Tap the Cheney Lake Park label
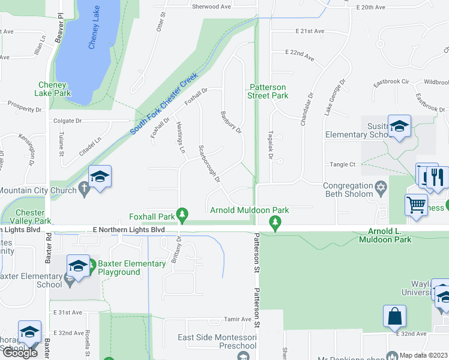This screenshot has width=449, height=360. tap(55, 89)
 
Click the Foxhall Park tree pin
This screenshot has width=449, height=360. tap(185, 214)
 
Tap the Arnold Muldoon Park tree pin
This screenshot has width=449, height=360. tap(276, 223)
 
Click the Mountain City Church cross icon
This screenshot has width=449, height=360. tap(85, 191)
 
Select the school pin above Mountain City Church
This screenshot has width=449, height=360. tap(100, 177)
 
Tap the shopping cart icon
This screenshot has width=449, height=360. tap(416, 205)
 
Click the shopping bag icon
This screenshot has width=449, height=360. tap(395, 315)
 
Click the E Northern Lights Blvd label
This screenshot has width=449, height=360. tap(128, 230)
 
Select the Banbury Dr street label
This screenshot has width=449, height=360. tap(231, 122)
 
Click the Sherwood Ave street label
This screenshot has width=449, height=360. tap(211, 7)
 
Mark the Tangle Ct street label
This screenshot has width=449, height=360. tap(343, 164)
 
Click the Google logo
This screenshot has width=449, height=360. tap(20, 352)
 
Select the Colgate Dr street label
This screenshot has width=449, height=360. tap(68, 121)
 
